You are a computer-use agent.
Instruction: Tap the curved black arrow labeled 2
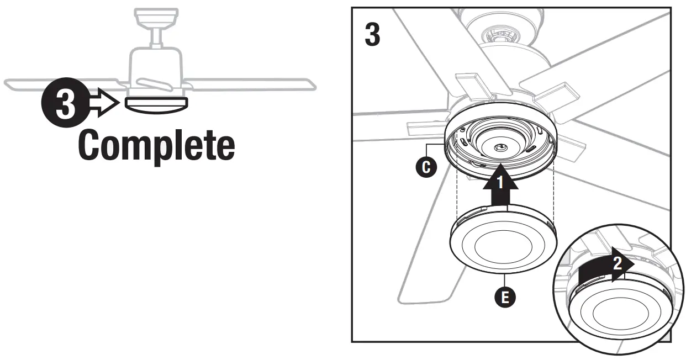(x=605, y=267)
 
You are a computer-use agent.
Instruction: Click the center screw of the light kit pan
(x=499, y=147)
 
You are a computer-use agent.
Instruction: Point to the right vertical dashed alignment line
(x=553, y=193)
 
